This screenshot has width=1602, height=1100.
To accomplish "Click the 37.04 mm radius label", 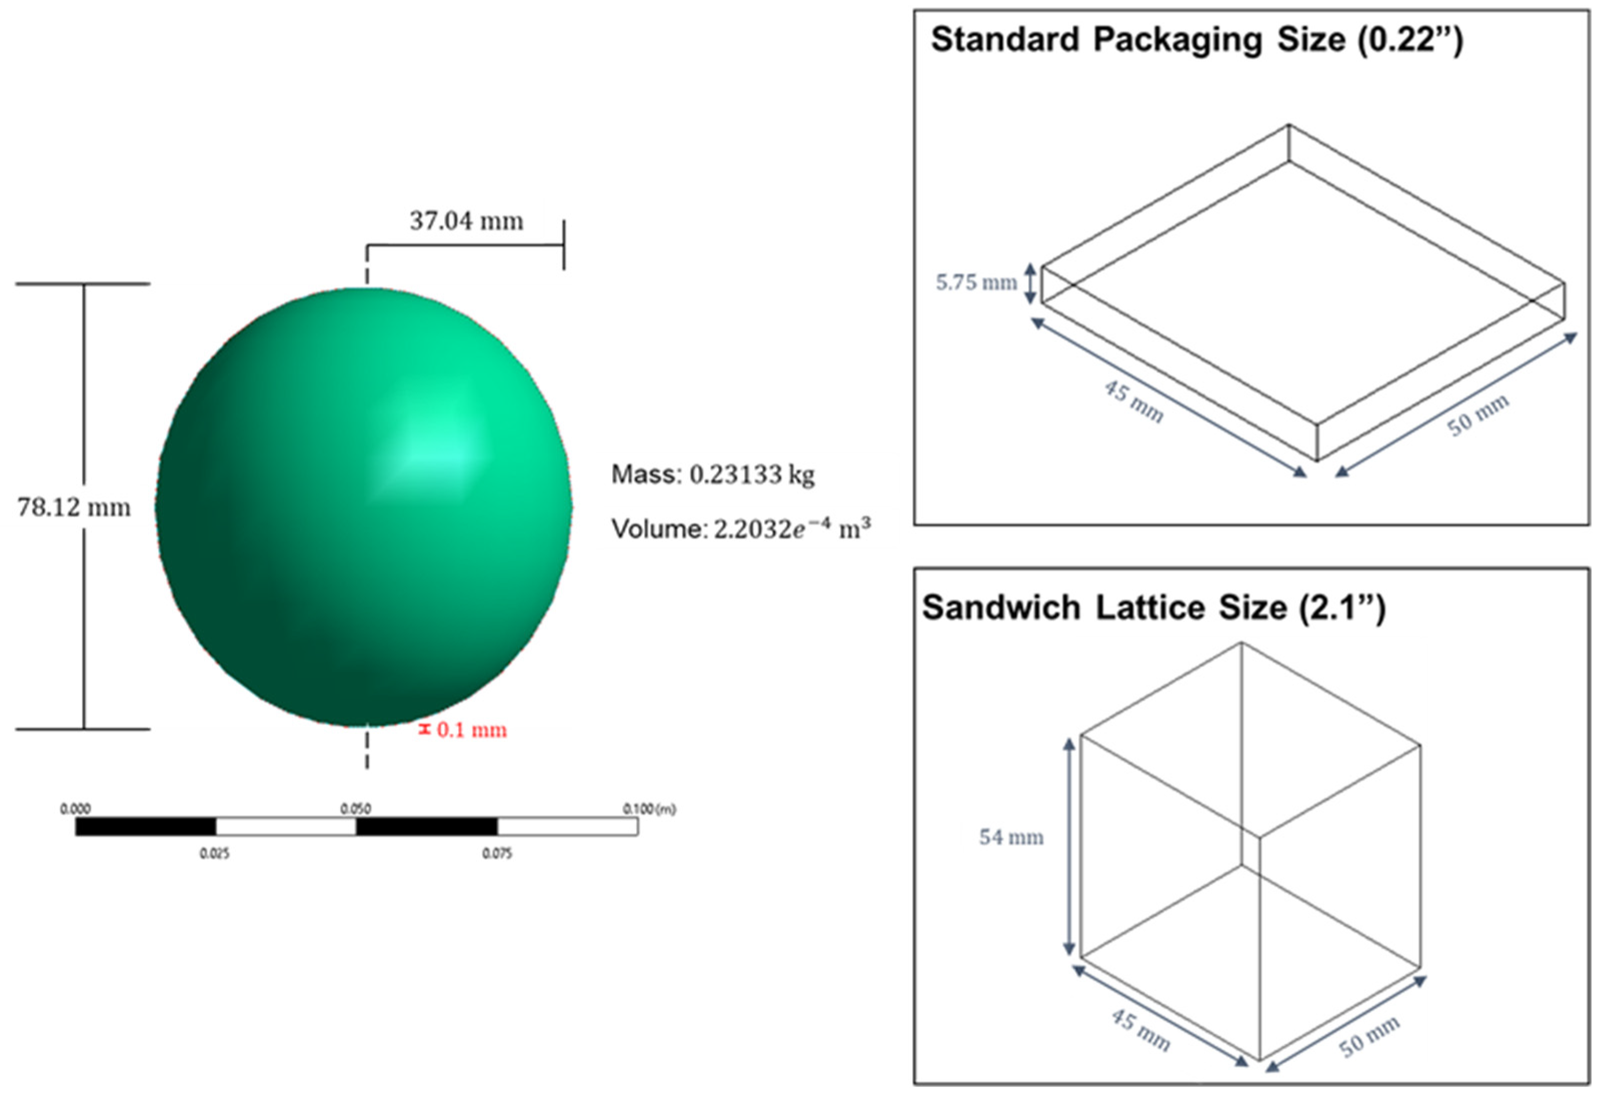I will coord(467,221).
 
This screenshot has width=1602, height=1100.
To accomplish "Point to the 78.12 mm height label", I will coord(74,508).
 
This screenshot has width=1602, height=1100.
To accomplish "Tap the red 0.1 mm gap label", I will coord(472,730).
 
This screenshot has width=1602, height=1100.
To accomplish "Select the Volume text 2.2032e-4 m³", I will coord(791,528).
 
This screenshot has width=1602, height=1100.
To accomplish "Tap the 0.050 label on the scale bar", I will coord(356,808).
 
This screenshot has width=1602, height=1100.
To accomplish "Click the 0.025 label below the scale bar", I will coord(215,854).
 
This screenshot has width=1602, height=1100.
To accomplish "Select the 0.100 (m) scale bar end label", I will coord(649,808).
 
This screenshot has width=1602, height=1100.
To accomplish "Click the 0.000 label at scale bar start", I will coord(75,808).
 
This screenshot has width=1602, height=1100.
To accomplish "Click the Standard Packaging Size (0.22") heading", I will coord(1196,39).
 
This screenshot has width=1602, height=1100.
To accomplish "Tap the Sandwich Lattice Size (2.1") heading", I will coord(1153,608).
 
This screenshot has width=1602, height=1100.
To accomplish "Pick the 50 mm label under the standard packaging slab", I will coord(1478,415).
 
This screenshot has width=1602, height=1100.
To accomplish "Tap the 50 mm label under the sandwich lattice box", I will coord(1369,1036).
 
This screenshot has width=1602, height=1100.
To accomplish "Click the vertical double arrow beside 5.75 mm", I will coord(1029,282).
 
